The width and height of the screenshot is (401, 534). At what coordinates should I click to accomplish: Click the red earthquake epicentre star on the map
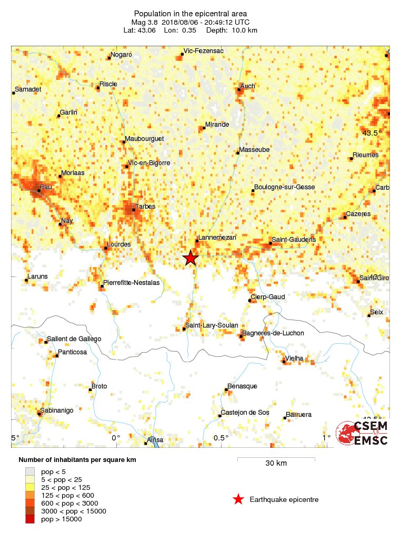click(190, 258)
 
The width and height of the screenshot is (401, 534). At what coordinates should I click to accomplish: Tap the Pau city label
click(32, 187)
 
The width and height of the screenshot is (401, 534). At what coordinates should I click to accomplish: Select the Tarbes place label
click(145, 207)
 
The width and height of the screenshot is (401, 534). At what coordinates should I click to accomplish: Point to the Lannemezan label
click(218, 238)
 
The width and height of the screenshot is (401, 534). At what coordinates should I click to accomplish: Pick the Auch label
click(247, 86)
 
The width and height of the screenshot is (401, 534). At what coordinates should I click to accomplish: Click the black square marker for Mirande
click(204, 128)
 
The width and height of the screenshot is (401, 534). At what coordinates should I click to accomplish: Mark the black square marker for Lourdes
click(105, 248)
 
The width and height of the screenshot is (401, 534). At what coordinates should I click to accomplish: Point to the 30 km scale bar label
click(276, 463)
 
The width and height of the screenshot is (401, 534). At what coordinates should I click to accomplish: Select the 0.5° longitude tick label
click(221, 437)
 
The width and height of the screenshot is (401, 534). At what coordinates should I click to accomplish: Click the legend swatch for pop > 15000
click(30, 519)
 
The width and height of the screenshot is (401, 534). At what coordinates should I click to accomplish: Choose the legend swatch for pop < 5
click(30, 471)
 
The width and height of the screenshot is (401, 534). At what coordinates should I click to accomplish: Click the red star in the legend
click(238, 499)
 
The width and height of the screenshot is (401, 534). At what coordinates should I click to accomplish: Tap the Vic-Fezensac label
click(203, 51)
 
